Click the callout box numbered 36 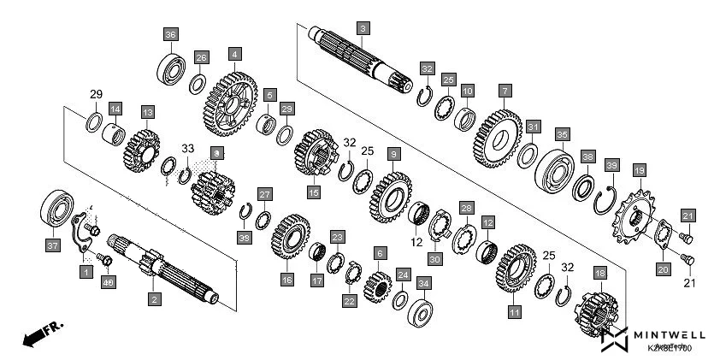pos(171,34)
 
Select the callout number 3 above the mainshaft pos(363,29)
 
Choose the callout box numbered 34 pos(424,281)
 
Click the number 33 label pos(187,147)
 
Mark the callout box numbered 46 pos(108,282)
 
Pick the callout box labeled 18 pos(599,273)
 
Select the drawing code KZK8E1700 pos(670,348)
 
